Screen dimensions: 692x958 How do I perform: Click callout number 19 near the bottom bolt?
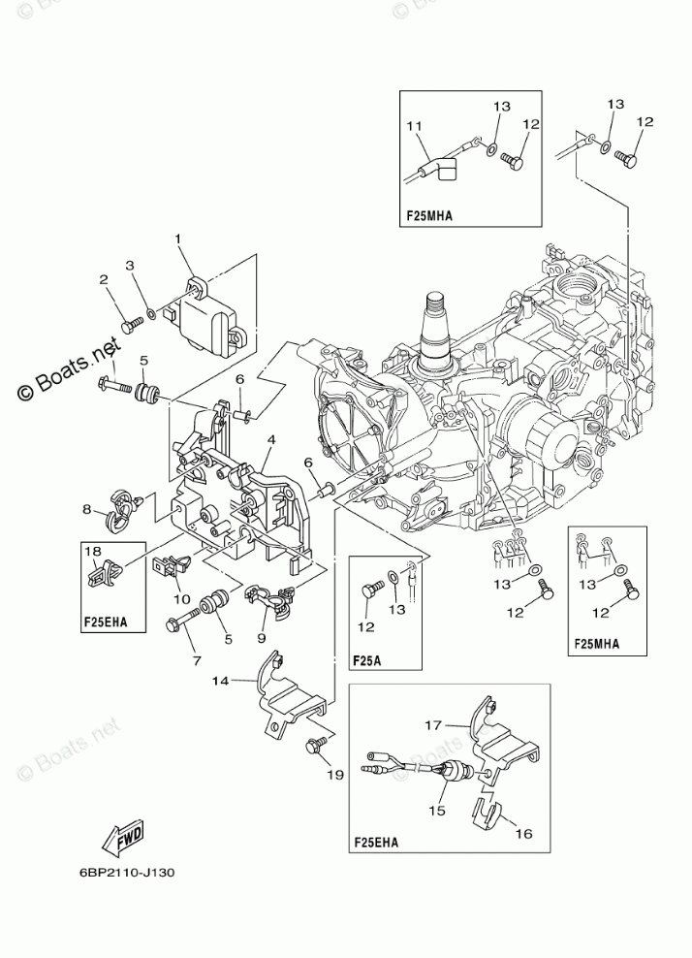[334, 775]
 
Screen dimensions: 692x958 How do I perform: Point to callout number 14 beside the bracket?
[220, 680]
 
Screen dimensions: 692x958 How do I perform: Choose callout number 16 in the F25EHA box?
[524, 833]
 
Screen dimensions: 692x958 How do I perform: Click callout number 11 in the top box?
[415, 126]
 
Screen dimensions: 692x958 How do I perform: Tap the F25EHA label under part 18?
[105, 623]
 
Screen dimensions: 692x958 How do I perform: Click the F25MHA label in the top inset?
[430, 215]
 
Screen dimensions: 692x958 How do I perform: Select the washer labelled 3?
[149, 316]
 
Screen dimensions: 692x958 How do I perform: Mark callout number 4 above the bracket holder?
[270, 438]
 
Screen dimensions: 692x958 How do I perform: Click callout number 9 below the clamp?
[262, 638]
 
